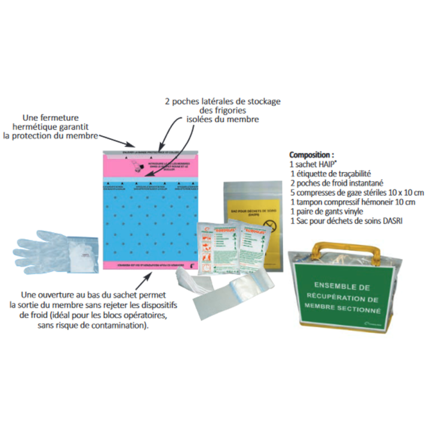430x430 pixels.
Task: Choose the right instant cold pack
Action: click(x=254, y=245)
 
